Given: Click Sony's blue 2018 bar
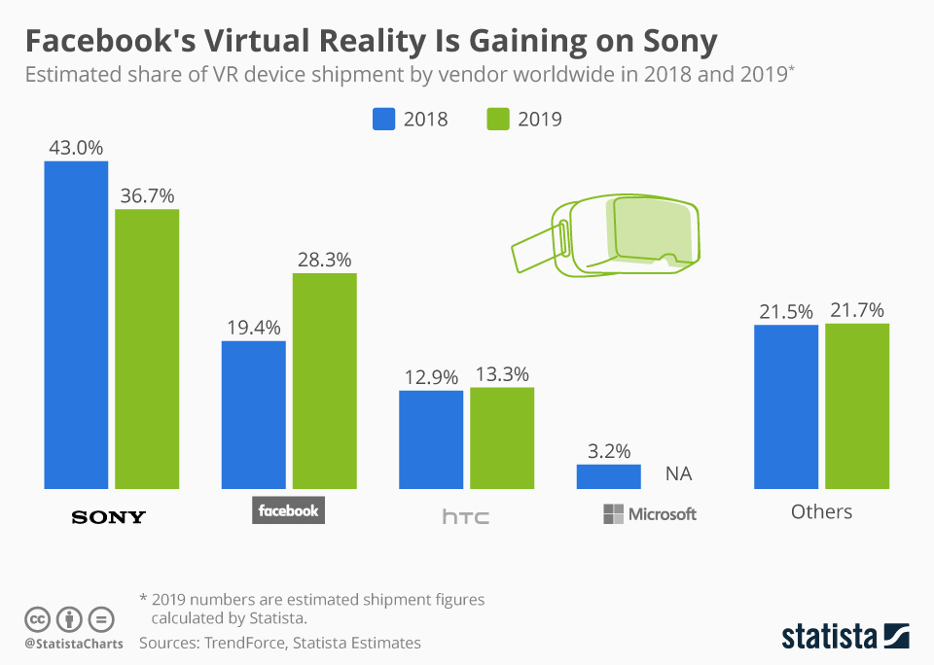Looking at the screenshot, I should (76, 325).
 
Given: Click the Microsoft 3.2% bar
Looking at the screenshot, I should (609, 476).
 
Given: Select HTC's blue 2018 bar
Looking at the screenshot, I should (431, 439).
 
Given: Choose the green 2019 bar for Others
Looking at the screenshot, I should (857, 405).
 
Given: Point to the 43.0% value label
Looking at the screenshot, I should (76, 148).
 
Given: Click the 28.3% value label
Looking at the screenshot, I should (325, 260).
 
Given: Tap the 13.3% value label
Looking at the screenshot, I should (502, 375).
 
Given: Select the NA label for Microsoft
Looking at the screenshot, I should (679, 474).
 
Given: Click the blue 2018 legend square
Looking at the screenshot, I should (384, 120).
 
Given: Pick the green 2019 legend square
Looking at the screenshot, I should (497, 120).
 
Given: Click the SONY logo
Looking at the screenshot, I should (109, 516).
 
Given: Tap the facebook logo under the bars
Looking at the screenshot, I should (288, 510).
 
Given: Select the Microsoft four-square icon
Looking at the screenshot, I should (613, 514).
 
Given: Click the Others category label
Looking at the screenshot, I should (821, 511).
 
